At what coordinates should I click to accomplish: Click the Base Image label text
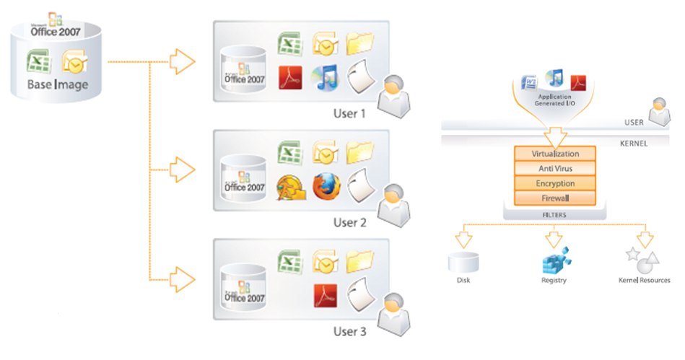pos(58,86)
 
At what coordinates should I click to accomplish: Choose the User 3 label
pos(349,332)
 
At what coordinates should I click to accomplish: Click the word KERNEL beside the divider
pos(634,143)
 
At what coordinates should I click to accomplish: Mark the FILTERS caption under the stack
pos(554,214)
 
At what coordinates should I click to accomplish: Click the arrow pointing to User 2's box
pos(184,171)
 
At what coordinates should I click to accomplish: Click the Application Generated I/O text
pos(554,100)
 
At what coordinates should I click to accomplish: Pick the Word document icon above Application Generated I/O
pos(531,81)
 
